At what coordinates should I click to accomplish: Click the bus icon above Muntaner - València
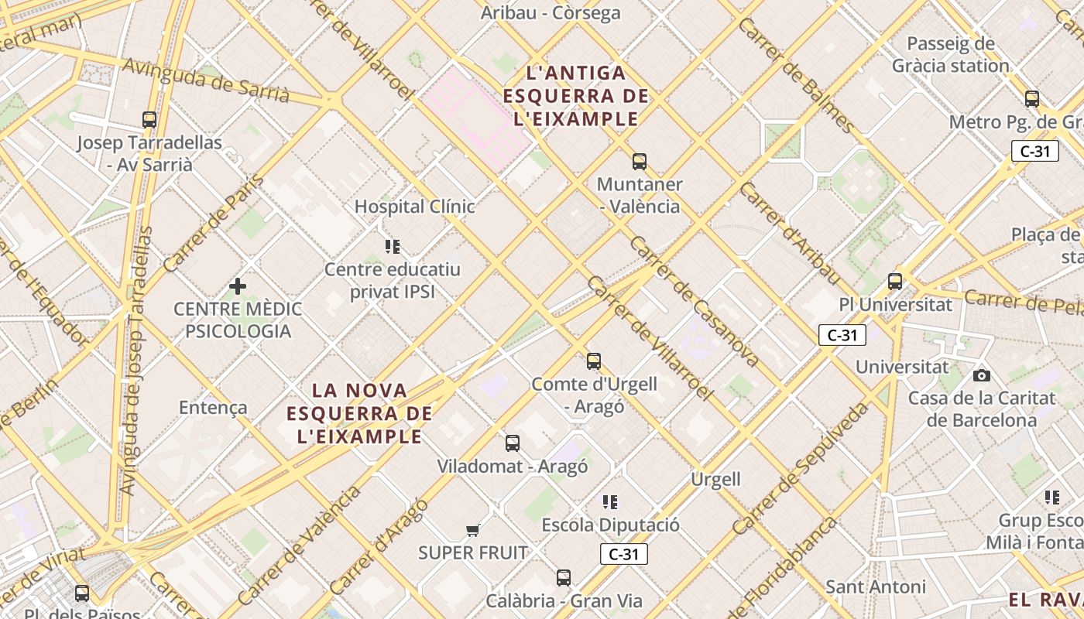pos(640,162)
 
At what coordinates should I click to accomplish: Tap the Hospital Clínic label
pos(414,207)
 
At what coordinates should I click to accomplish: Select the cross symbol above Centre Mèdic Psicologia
pos(238,286)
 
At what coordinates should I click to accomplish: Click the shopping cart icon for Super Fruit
pos(473,530)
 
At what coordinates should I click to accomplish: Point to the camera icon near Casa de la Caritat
pos(982,376)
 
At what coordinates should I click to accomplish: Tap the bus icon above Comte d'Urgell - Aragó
pos(594,361)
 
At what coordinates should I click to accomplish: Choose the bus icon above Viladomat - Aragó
pos(513,443)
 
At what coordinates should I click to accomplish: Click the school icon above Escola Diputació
pos(610,502)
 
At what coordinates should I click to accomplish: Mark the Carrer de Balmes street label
pos(797,74)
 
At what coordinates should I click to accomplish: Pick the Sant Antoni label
pos(875,587)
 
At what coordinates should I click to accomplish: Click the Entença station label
pos(213,408)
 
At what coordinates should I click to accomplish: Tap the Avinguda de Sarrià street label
pos(206,80)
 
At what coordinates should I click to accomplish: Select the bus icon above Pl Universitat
pos(895,282)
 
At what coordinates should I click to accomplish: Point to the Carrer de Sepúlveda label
pos(801,469)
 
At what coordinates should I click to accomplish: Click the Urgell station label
pos(715,480)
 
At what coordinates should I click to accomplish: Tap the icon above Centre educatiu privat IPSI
pos(393,247)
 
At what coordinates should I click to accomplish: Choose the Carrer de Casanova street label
pos(693,301)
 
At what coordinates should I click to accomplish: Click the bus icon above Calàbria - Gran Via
pos(564,578)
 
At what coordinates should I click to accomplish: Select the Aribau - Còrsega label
pos(551,13)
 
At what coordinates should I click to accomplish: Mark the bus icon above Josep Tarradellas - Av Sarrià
pos(149,120)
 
